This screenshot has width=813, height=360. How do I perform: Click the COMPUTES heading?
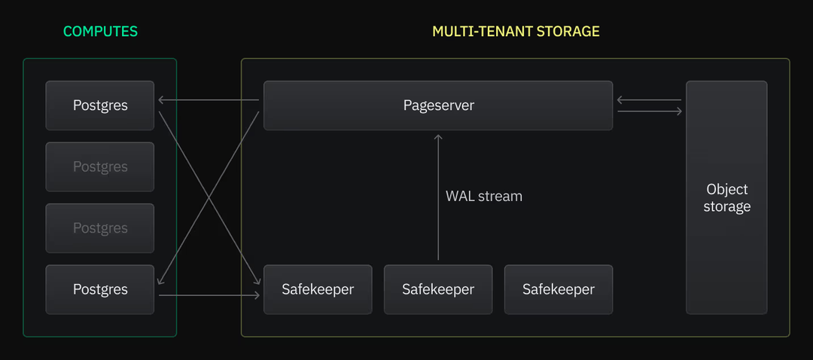tap(100, 32)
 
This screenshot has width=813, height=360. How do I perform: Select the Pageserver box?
tap(438, 105)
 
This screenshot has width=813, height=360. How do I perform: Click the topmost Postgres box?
tap(100, 105)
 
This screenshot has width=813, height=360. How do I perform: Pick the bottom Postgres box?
tap(100, 289)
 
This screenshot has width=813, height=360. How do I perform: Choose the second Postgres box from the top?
tap(100, 166)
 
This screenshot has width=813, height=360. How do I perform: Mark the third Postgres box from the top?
tap(100, 228)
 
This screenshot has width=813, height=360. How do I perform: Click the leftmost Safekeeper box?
tap(318, 289)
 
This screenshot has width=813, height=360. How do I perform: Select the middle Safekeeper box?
tap(438, 289)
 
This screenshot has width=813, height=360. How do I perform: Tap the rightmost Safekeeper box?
tap(559, 289)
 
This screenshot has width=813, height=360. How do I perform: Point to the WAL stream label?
tap(483, 196)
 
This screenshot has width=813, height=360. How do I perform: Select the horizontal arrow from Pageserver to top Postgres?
tap(209, 99)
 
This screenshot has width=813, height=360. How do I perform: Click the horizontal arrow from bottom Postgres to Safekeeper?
tap(209, 295)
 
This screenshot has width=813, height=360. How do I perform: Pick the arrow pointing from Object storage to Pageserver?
tap(649, 99)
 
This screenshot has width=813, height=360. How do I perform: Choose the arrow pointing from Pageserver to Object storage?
tap(649, 111)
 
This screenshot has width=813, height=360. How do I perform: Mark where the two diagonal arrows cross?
tap(209, 198)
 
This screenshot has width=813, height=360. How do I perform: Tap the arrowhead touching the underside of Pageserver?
tap(438, 137)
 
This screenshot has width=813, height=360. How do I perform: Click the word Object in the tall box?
tap(727, 189)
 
